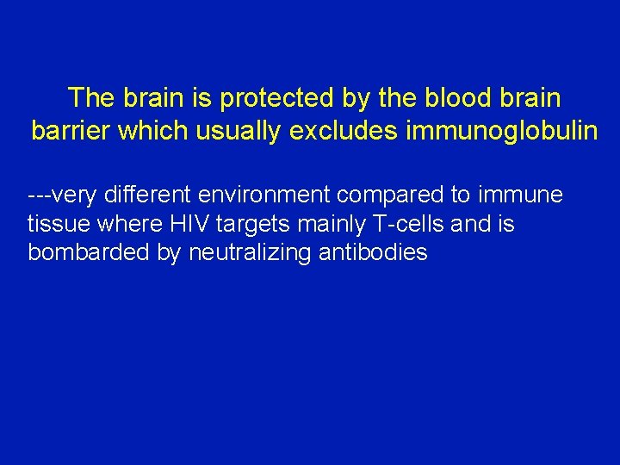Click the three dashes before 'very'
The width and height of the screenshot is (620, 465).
click(x=40, y=195)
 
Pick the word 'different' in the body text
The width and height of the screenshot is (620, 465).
click(x=142, y=195)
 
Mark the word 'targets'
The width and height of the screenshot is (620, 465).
click(x=254, y=225)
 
